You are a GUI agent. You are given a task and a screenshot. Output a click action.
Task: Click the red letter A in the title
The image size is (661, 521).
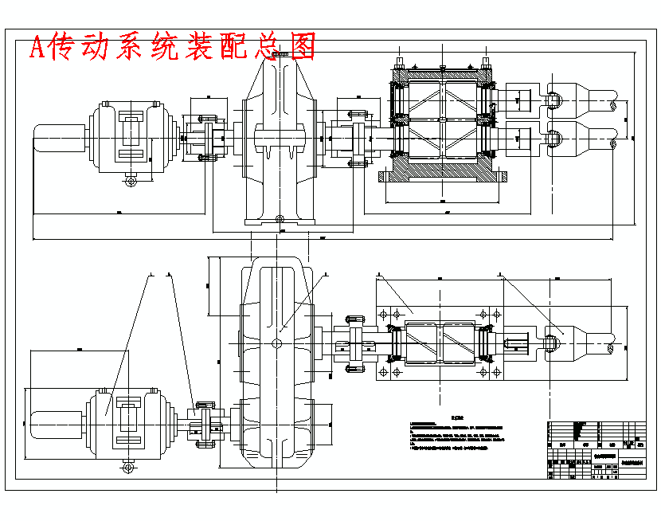click(37, 48)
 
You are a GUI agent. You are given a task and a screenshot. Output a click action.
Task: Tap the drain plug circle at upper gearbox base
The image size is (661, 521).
click(279, 219)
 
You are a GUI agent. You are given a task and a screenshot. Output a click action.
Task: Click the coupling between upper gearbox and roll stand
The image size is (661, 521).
click(356, 135)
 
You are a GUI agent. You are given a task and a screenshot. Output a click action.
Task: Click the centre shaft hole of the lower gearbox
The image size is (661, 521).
click(276, 343)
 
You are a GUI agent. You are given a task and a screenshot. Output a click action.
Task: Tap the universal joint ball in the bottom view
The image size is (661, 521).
click(553, 343)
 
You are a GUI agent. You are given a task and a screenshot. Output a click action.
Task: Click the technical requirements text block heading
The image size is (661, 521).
click(457, 415)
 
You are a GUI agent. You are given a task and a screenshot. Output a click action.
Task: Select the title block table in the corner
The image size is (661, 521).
click(596, 450)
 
